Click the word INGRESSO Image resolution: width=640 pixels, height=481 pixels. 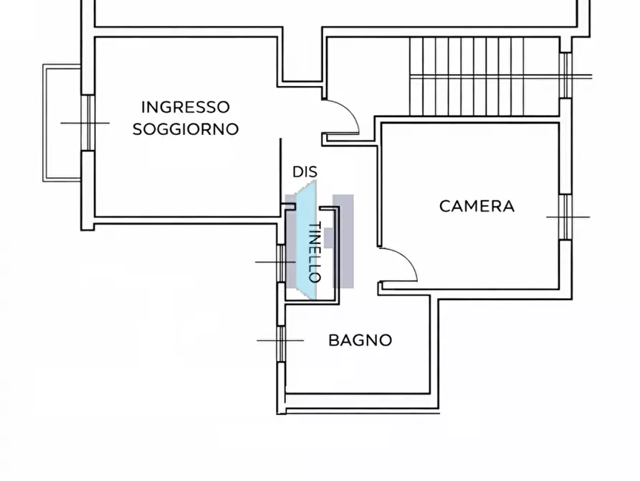point(186,107)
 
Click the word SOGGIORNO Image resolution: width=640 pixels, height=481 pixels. point(186,129)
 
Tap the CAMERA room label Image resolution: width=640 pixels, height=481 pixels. point(477,206)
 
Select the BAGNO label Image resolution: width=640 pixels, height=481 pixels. point(360,340)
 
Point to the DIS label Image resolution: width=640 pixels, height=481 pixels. point(305,172)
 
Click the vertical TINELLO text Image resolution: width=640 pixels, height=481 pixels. point(314,251)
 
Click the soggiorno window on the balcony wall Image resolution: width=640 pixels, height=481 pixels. point(88,123)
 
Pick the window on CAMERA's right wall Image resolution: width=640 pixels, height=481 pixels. point(565,216)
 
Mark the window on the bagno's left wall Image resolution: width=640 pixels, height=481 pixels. point(281,340)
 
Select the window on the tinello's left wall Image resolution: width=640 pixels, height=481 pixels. point(281,262)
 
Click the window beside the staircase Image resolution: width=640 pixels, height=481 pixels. point(565,75)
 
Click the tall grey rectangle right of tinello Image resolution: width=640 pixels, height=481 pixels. point(344,240)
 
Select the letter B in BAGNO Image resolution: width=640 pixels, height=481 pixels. point(333,340)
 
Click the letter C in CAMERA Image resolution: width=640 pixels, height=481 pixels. point(444,206)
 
